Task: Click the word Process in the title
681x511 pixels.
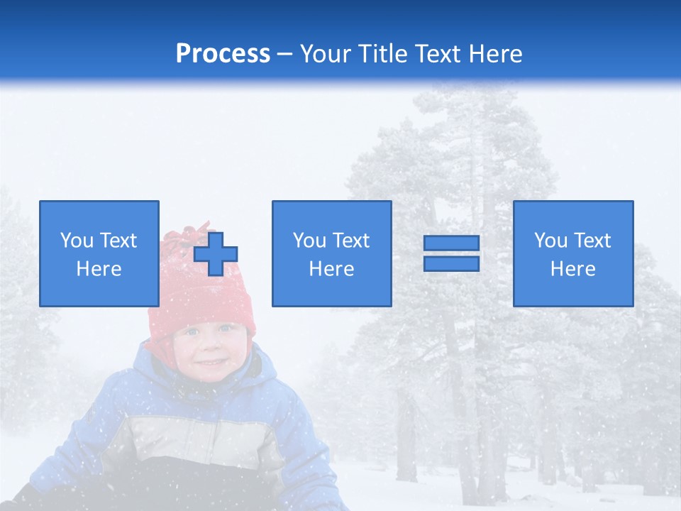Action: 223,54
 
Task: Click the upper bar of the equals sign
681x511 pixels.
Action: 451,243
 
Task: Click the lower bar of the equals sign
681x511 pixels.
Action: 451,264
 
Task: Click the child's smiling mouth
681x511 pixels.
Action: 210,363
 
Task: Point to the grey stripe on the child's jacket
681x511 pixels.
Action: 199,433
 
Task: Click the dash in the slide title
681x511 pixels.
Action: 285,55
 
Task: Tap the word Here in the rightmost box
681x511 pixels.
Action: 573,269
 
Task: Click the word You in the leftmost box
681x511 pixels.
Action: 76,241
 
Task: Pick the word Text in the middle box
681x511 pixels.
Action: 350,241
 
